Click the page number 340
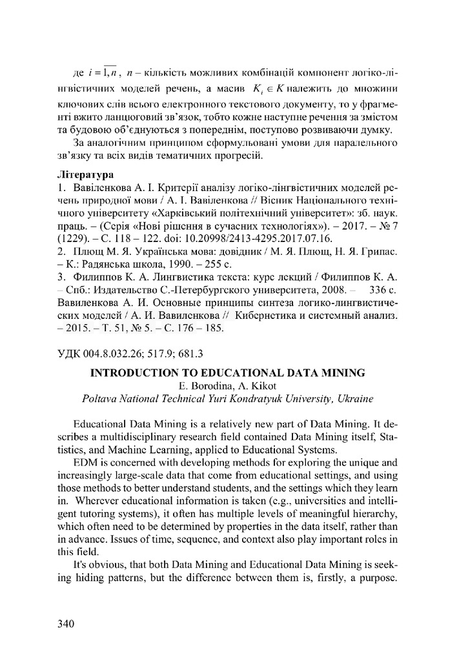point(66,624)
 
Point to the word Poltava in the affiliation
point(99,398)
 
